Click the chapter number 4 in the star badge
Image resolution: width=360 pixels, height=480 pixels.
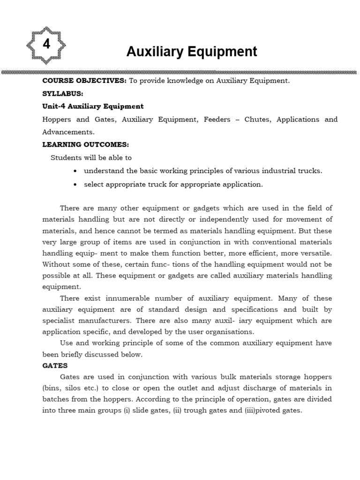pos(46,45)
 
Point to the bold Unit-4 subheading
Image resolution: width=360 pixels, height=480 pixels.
pos(93,106)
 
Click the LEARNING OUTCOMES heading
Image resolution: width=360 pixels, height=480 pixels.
pos(85,145)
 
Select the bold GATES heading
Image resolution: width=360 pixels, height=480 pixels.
pos(55,365)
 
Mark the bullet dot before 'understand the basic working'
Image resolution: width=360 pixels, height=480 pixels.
pos(75,171)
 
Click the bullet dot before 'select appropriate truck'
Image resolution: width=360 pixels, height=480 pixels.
pos(75,185)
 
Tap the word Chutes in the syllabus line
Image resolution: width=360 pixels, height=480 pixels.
pos(257,120)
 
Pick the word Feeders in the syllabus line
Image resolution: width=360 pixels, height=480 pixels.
pos(217,120)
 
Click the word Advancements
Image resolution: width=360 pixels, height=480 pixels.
pos(67,132)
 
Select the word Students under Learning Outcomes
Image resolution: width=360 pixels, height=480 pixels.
pos(64,158)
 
